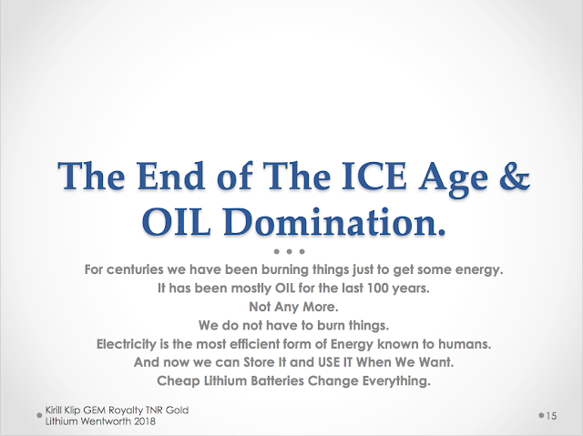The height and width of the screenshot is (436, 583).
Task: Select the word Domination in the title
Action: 334,222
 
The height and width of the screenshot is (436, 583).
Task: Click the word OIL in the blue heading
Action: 176,222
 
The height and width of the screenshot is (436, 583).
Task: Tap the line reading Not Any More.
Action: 293,307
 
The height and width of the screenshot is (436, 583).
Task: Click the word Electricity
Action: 127,344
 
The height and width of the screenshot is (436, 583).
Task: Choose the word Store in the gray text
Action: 259,362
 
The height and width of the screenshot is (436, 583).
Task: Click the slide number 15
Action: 551,416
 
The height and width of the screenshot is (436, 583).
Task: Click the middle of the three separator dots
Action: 290,251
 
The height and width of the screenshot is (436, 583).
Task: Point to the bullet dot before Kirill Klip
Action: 39,416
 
